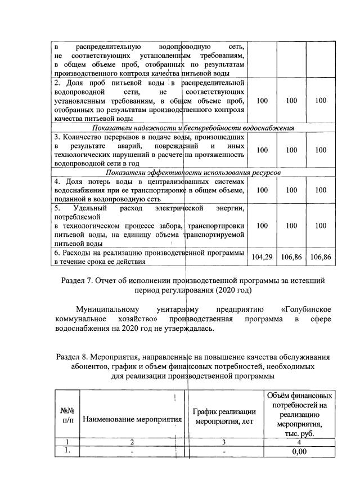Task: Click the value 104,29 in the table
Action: tap(262, 257)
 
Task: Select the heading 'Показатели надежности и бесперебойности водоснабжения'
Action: tap(193, 128)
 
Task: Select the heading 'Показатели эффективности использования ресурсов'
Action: tap(193, 172)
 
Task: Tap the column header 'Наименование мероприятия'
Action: tap(133, 419)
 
